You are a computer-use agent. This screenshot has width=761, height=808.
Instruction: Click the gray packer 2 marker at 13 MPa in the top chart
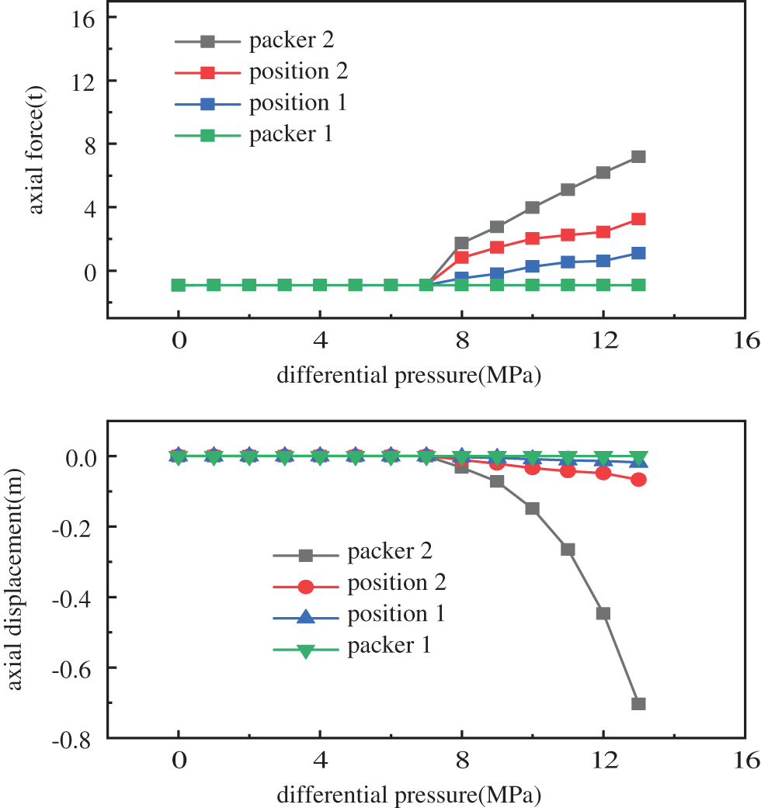pos(638,157)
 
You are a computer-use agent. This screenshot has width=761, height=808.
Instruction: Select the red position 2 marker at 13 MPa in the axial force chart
pos(638,219)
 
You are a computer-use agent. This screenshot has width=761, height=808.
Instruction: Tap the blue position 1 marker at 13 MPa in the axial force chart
pos(638,253)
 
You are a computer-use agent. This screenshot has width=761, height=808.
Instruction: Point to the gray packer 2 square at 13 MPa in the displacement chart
pos(638,704)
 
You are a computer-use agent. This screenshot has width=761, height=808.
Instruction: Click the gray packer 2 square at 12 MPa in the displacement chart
pos(603,613)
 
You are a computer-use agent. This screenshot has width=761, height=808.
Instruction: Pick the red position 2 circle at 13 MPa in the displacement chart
pos(638,480)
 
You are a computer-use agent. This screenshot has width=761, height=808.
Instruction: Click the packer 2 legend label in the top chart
pos(291,40)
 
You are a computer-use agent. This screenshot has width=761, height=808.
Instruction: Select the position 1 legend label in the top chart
pos(297,103)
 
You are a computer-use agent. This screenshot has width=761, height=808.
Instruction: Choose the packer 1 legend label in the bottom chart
pos(390,646)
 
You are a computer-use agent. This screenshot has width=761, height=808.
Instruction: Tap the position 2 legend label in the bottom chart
pos(397,583)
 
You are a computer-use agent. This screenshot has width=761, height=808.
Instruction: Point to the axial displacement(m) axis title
pos(17,579)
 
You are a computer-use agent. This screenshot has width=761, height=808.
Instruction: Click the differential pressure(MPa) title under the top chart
pos(408,376)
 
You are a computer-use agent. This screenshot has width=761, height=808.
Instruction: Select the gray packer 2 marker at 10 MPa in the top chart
pos(533,207)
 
